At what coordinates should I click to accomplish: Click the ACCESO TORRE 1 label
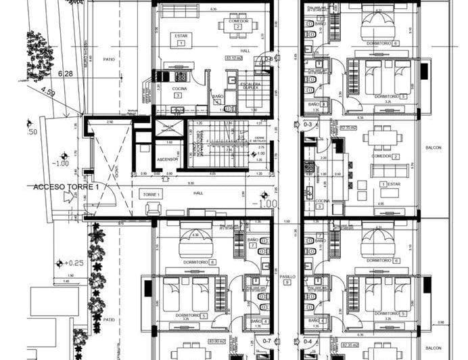point(66,186)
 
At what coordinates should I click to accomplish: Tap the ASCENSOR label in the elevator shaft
point(167,160)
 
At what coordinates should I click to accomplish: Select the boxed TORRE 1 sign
point(151,194)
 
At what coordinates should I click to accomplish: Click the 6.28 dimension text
point(66,72)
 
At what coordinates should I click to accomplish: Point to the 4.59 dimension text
point(47,89)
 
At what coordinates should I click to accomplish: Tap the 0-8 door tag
point(268,59)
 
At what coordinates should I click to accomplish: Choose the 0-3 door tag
point(308,125)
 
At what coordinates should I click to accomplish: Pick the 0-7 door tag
point(266,342)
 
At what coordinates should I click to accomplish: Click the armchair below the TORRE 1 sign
point(154,208)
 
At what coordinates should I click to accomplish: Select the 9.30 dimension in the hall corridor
point(192,183)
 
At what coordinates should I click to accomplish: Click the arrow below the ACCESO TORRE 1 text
point(67,198)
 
